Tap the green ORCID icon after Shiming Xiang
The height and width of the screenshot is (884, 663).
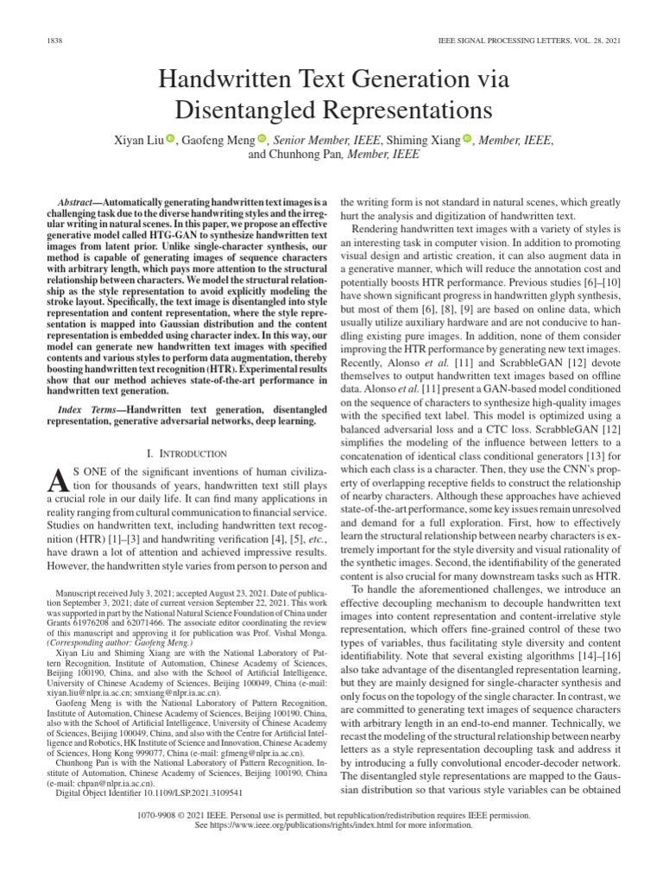(x=468, y=139)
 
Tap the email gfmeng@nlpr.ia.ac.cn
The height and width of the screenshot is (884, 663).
(x=248, y=753)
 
